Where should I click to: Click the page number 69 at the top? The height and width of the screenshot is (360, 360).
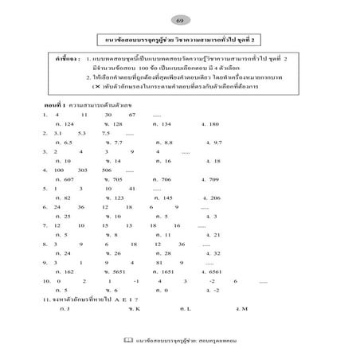coord(179,18)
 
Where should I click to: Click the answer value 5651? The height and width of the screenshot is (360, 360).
coord(116,271)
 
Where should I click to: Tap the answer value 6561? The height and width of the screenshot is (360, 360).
coord(213,271)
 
